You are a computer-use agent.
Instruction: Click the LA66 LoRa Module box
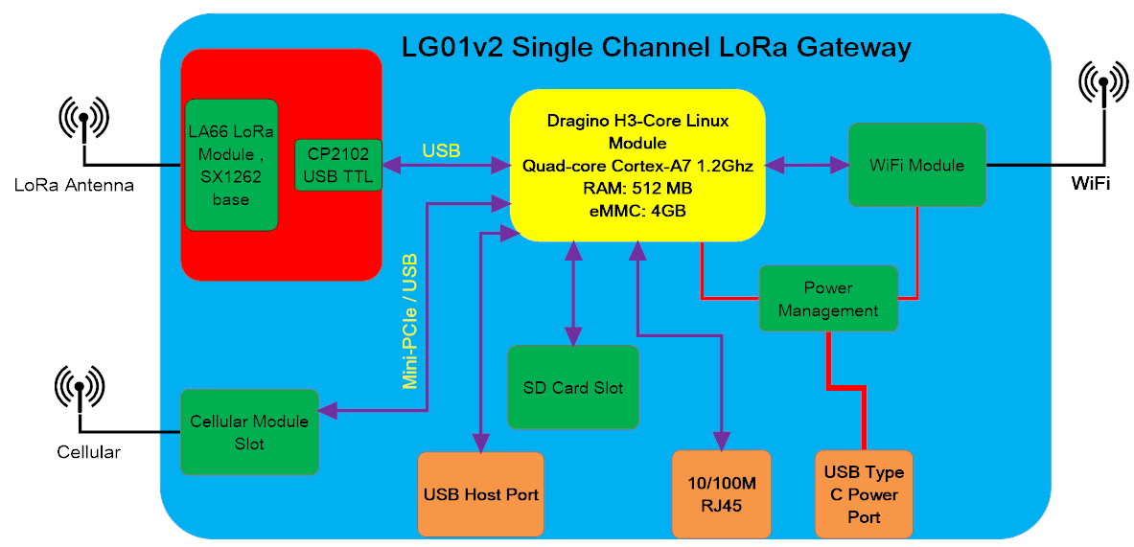tap(231, 166)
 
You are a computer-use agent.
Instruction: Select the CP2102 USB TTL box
tap(338, 166)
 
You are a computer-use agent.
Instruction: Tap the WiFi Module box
tap(917, 165)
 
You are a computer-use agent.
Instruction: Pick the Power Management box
tap(828, 299)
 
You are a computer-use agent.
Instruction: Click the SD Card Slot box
tap(573, 387)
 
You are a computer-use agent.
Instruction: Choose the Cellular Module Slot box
tap(249, 432)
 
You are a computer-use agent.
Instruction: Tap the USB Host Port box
tap(481, 495)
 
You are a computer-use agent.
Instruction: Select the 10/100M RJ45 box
tap(722, 495)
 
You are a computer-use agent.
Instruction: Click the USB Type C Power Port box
tap(864, 495)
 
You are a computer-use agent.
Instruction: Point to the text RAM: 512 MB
tap(637, 189)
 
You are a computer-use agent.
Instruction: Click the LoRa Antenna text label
tap(75, 186)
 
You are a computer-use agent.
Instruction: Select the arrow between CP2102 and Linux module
tap(447, 166)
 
